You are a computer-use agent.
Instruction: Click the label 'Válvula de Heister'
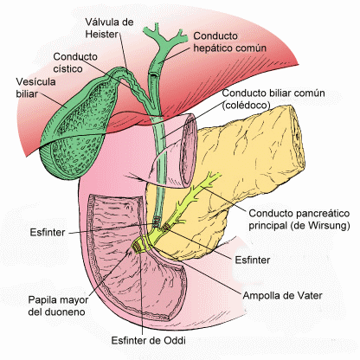coord(109,28)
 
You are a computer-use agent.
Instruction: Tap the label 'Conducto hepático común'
coord(229,42)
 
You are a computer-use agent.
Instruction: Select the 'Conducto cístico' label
coord(75,62)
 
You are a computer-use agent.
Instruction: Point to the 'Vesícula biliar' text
coord(35,87)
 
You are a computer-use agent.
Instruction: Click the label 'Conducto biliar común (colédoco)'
coord(273,99)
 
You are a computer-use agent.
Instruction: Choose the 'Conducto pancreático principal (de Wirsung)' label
coord(299,219)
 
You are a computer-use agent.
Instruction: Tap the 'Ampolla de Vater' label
coord(282,295)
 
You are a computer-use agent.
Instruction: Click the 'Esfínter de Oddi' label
coord(148,340)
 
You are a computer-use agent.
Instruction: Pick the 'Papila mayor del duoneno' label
coord(58,305)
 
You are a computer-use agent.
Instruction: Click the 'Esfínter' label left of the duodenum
coord(48,232)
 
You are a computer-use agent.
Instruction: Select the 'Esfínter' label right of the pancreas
coord(253,260)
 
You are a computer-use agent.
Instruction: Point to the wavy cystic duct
coord(136,87)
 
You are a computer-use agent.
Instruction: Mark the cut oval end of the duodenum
coord(189,150)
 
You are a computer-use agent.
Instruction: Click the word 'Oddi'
coord(174,340)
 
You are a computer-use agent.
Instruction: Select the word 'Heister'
coord(102,34)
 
